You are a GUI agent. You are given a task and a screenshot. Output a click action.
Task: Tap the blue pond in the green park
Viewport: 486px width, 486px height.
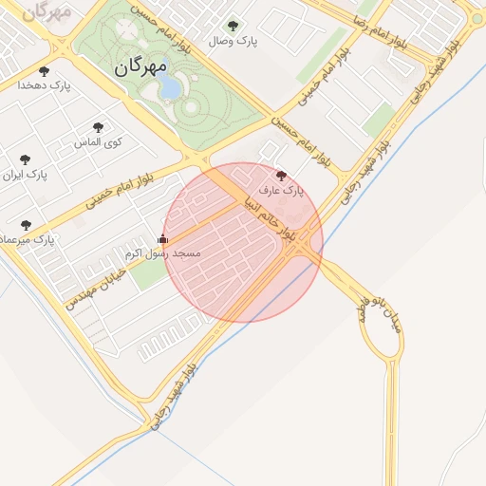click(x=169, y=86)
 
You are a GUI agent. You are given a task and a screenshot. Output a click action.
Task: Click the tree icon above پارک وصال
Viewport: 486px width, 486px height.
click(x=234, y=26)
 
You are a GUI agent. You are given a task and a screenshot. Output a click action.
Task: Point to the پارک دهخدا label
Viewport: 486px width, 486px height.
click(x=44, y=85)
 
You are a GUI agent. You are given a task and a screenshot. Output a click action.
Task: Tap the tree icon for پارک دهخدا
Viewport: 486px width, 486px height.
click(x=44, y=71)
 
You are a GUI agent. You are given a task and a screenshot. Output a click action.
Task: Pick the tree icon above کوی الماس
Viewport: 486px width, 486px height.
click(x=99, y=127)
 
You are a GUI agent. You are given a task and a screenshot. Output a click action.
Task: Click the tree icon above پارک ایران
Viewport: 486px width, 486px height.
click(x=25, y=159)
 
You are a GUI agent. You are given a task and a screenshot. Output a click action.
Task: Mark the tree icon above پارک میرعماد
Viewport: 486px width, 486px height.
click(x=26, y=225)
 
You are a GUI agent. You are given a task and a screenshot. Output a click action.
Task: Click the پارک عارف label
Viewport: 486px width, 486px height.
click(x=281, y=190)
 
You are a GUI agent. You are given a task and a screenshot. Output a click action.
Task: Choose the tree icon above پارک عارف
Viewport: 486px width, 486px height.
click(x=280, y=175)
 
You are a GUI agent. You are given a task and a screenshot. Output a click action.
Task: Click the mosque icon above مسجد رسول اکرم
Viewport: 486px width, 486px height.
click(x=162, y=239)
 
